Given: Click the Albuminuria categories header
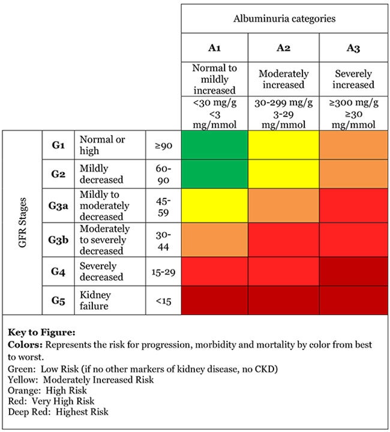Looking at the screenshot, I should pos(284,19).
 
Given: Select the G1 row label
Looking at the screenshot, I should pos(58,145).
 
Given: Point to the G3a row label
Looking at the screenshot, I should pos(58,205).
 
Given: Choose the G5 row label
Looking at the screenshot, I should pos(58,300).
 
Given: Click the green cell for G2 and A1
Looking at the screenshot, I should pos(215,174).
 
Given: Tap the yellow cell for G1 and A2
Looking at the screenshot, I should pos(283,145).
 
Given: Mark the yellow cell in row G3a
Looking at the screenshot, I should pos(215,205).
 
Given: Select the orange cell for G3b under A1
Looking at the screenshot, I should pos(215,239).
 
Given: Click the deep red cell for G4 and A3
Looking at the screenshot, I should pos(353,271).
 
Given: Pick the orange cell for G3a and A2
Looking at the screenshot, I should pos(283,205).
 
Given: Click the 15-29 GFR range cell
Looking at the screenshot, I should pos(164,271).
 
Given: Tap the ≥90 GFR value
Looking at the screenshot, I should pos(164,145).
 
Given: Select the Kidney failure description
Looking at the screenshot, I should pos(97,301).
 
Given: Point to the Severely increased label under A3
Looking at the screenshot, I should pos(353,79).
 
